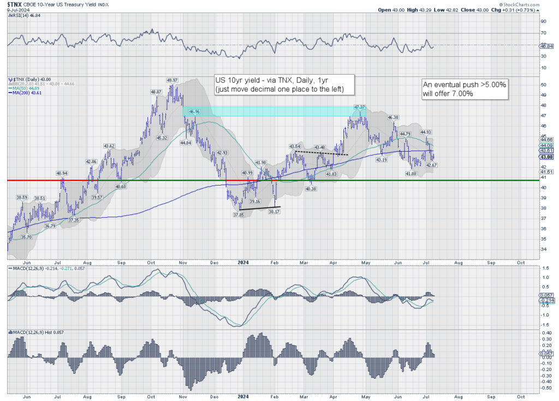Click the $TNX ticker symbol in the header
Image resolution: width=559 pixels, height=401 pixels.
pyautogui.click(x=15, y=4)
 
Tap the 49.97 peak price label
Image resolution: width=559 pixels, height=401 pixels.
pyautogui.click(x=174, y=80)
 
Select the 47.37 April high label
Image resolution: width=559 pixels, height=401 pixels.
pyautogui.click(x=359, y=107)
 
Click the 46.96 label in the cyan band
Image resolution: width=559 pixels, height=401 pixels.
pyautogui.click(x=195, y=111)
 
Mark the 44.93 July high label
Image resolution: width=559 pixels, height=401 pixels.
pyautogui.click(x=426, y=132)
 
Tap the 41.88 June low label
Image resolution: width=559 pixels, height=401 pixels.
pyautogui.click(x=411, y=173)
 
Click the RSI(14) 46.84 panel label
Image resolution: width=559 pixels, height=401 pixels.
pyautogui.click(x=26, y=16)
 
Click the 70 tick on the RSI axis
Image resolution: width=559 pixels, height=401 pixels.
pyautogui.click(x=543, y=33)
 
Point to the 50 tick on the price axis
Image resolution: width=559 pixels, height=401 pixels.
pyautogui.click(x=543, y=85)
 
